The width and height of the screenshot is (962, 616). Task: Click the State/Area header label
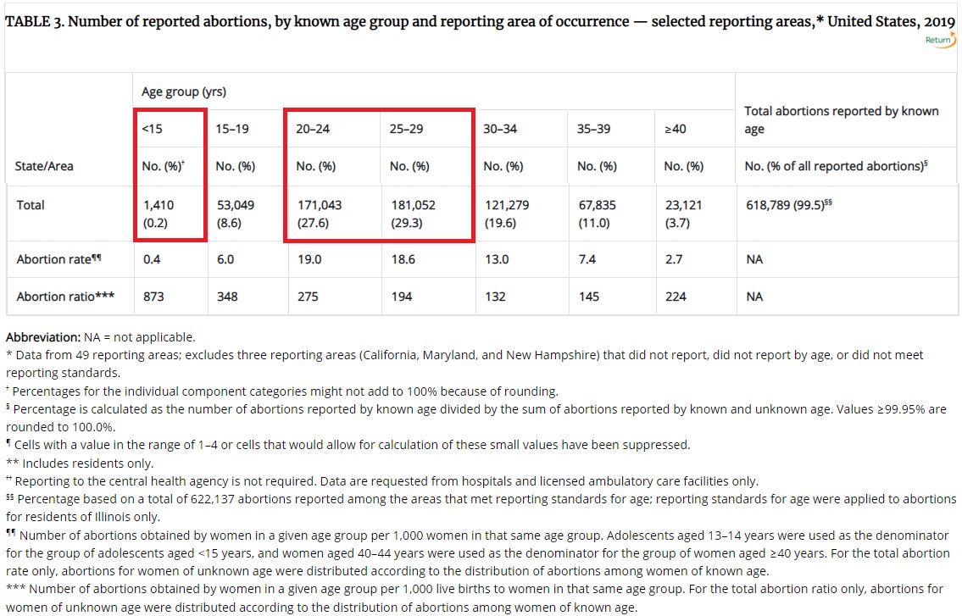[44, 166]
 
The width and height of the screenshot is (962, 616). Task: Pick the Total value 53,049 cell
[235, 205]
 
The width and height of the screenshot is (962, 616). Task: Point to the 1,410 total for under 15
[160, 205]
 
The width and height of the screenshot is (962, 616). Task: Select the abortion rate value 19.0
[309, 259]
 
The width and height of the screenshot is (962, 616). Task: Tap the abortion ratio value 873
[153, 297]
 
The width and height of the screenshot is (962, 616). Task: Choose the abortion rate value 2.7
[673, 259]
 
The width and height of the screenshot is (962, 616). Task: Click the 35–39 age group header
[593, 129]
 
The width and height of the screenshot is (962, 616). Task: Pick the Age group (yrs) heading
[184, 92]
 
